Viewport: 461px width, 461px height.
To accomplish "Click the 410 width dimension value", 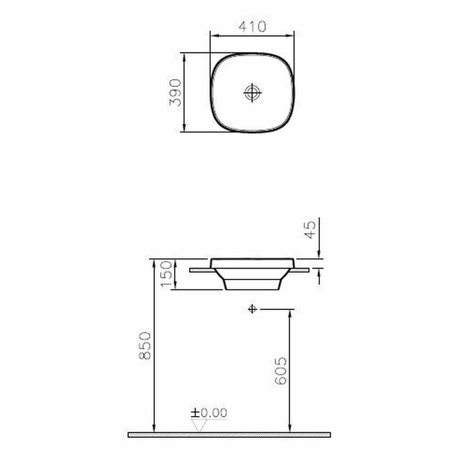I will click(252, 27).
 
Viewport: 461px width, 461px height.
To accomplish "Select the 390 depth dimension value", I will click(175, 92).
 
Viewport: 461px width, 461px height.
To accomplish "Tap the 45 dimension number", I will click(309, 230).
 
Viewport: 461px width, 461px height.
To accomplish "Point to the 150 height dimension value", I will click(166, 274).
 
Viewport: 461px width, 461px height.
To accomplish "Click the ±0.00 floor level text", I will click(210, 413).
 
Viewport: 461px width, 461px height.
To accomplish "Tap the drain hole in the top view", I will click(252, 92).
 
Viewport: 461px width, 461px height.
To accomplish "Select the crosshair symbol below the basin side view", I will click(251, 309).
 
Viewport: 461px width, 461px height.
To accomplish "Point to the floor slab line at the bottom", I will click(231, 434).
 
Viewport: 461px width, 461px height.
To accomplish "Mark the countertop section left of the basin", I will click(202, 269).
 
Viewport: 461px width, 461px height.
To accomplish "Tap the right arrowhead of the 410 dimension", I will click(292, 36).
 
